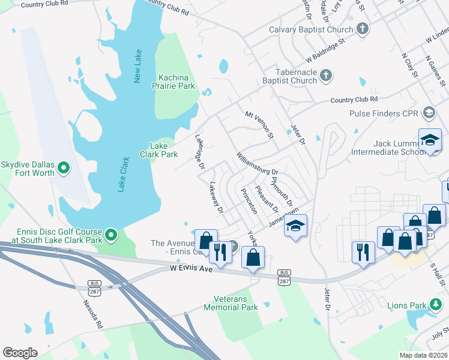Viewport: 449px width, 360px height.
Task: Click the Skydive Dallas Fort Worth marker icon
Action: coord(65,169)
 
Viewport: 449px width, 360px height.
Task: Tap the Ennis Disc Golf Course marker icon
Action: coord(110,233)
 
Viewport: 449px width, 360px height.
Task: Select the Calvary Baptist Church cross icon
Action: coord(362,28)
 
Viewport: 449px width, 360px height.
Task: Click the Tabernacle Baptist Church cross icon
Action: coord(325,76)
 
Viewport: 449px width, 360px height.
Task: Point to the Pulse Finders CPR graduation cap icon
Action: coord(429,112)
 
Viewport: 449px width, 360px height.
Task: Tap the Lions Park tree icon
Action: coord(435,305)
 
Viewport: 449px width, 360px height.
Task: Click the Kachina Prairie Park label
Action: coord(176,82)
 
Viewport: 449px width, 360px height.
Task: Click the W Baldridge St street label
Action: coord(327,52)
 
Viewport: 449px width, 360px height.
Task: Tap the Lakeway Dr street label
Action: coord(216,199)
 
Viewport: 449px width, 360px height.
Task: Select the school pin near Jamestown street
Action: coord(295,226)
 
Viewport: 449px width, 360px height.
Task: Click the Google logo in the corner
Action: coord(20,353)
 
